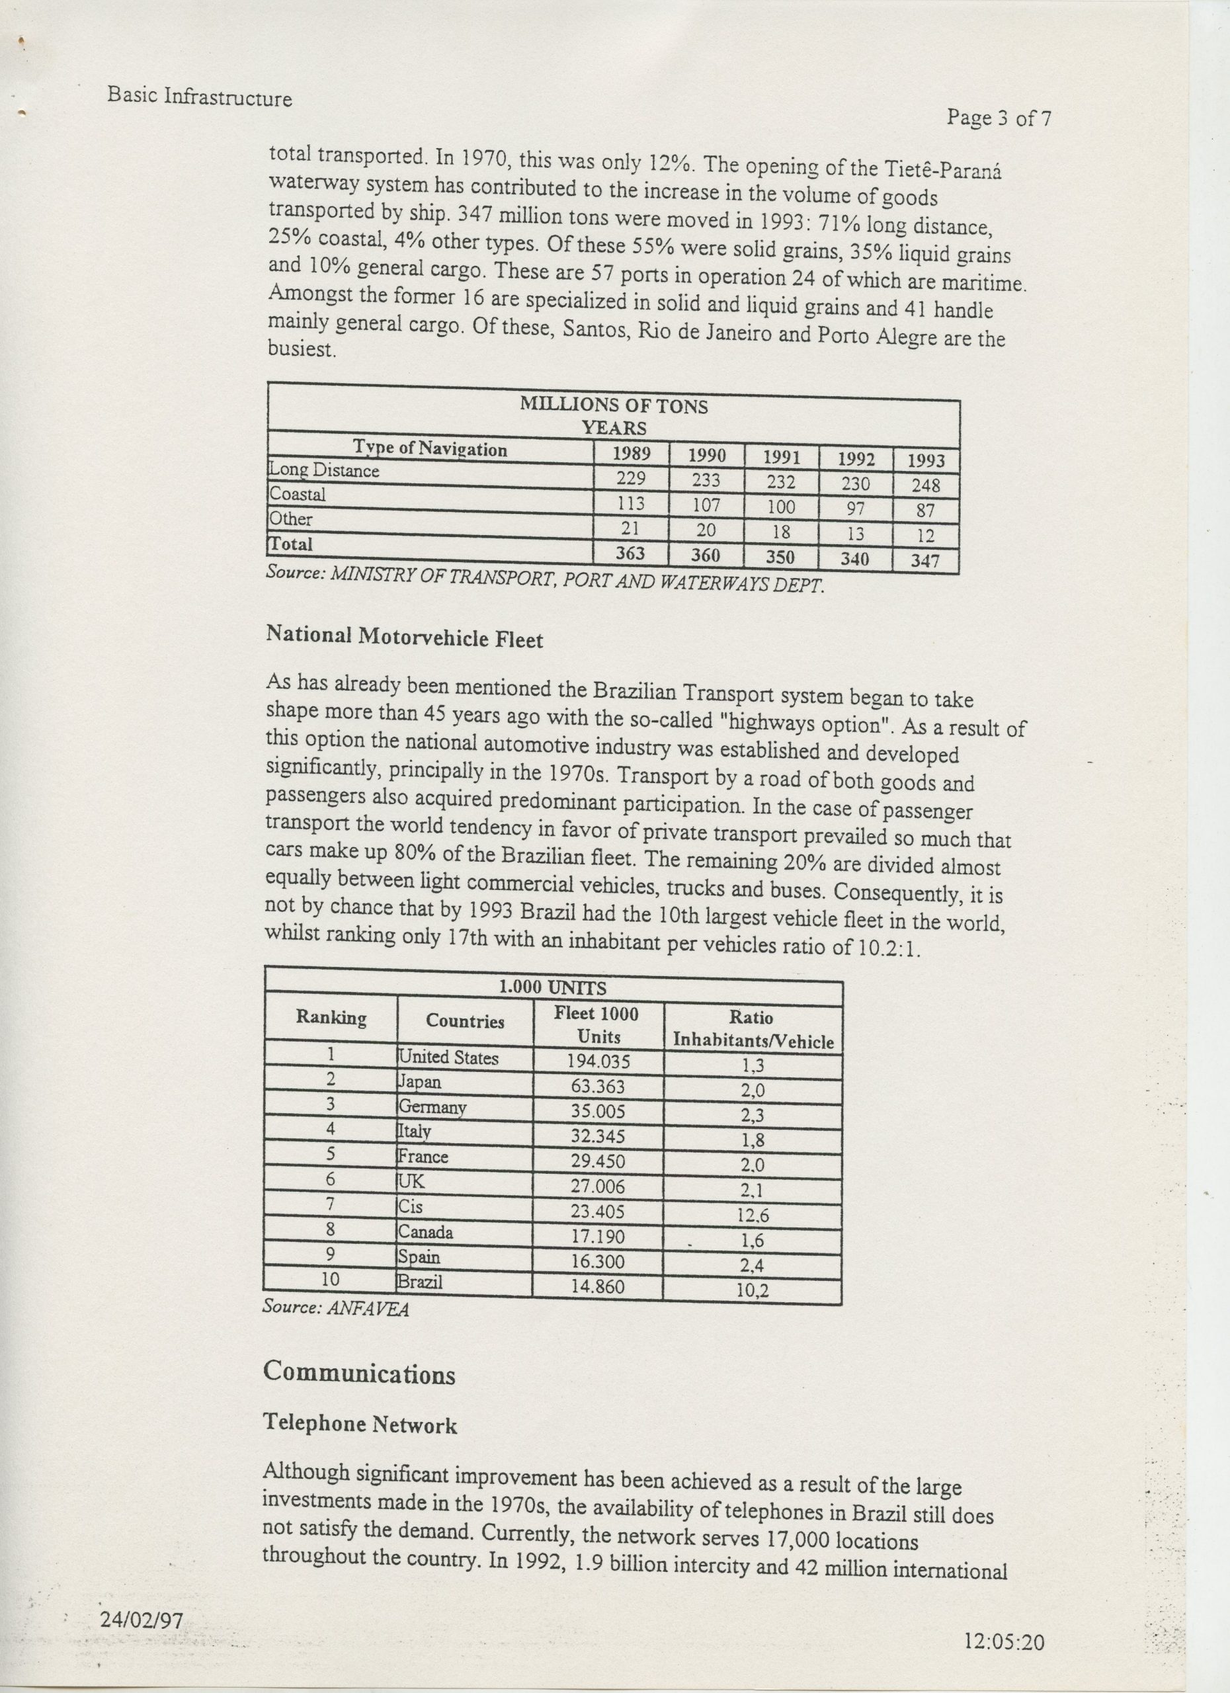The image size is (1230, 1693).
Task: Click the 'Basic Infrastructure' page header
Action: pos(199,97)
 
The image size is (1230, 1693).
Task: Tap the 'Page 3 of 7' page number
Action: pos(999,118)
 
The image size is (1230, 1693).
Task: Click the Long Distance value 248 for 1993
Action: pos(926,485)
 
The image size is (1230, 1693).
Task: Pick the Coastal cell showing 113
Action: pos(631,504)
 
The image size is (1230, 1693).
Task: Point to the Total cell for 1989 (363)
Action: pos(631,554)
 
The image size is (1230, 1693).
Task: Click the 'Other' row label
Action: pos(291,518)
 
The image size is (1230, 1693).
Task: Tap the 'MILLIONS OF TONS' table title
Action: pos(614,405)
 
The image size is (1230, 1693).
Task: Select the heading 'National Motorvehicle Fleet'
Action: pos(405,638)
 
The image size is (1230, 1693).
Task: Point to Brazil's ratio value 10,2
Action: pos(752,1290)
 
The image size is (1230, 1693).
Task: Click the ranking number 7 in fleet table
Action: pos(330,1204)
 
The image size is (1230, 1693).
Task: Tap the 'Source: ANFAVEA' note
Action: pos(336,1309)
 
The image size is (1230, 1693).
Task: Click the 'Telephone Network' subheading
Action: pos(360,1425)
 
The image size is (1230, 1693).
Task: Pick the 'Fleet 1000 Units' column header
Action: pos(597,1024)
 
